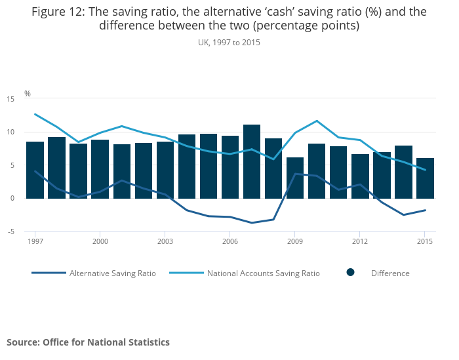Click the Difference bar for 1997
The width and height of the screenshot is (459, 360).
35,170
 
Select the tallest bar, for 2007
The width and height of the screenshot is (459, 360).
252,161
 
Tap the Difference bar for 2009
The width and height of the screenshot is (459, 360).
295,178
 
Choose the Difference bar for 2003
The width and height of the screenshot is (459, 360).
165,170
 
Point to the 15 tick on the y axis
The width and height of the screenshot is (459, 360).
10,99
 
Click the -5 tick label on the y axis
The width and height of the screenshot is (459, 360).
10,231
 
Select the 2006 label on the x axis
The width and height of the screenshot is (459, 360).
230,241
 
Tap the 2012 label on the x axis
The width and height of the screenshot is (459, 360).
360,241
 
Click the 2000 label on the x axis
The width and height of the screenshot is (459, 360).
100,241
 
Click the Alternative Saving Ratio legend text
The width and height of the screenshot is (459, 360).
113,273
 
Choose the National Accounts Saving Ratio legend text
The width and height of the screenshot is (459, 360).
264,273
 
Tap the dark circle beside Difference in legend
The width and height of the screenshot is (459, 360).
351,273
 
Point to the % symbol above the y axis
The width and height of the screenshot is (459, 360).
28,94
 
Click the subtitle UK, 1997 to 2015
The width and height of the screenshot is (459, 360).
229,42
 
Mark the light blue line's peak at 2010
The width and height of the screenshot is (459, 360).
317,121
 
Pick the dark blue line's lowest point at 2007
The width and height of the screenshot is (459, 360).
252,223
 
